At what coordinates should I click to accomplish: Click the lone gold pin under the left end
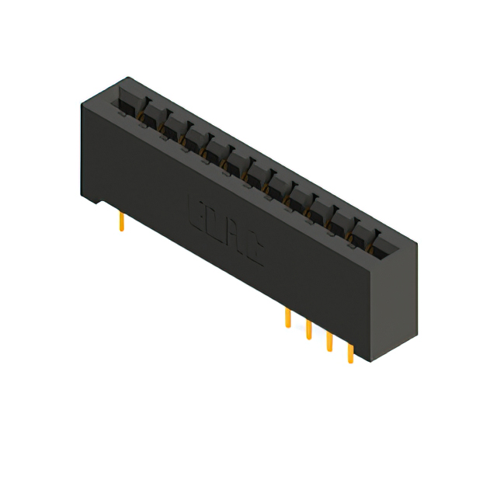[x=121, y=223]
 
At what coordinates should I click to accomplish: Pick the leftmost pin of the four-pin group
[x=288, y=318]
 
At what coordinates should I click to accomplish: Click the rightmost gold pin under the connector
[x=350, y=353]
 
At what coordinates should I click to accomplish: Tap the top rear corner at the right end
[x=417, y=244]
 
